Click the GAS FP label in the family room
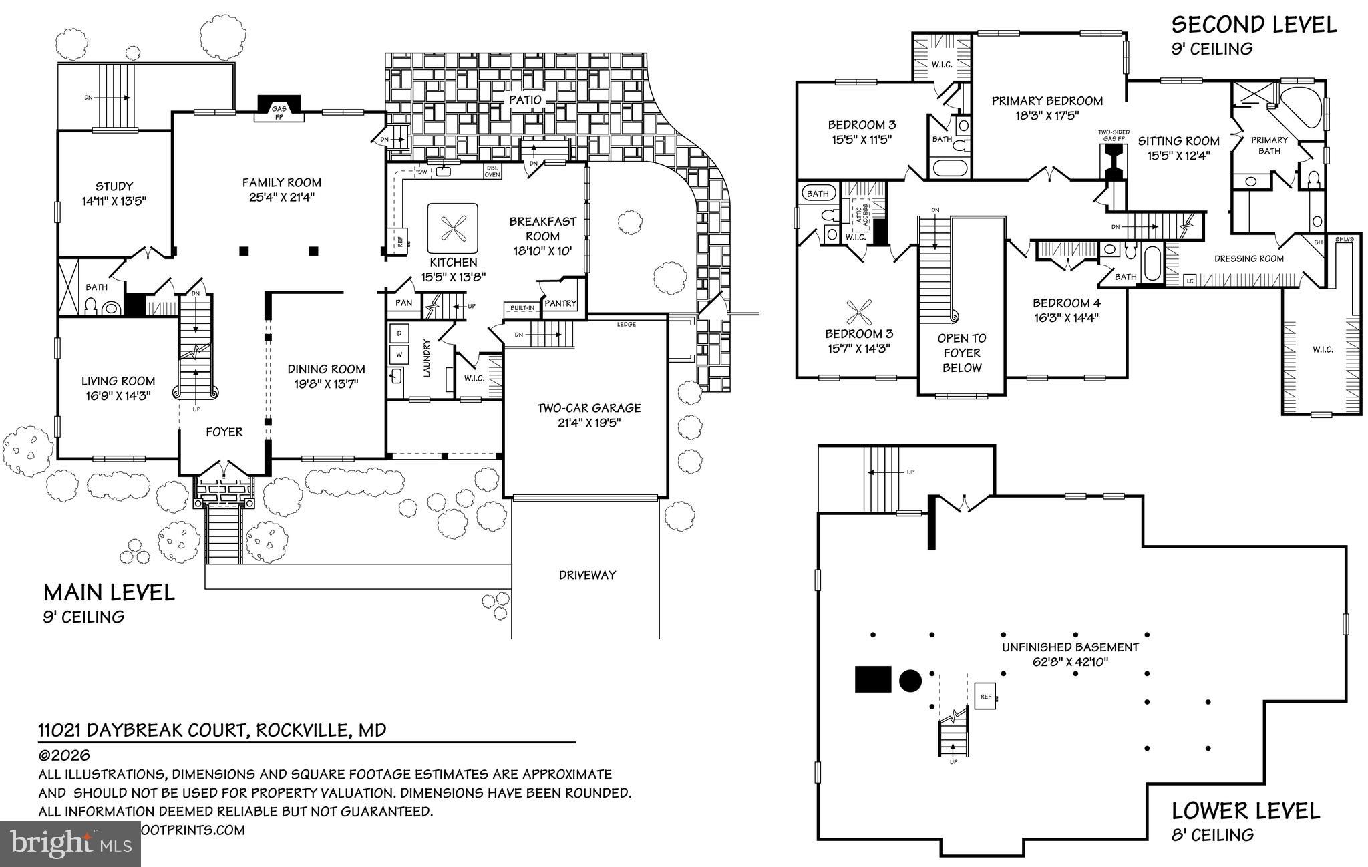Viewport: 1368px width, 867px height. click(279, 112)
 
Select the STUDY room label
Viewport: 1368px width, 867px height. click(114, 186)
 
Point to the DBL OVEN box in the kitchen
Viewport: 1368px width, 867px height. click(492, 171)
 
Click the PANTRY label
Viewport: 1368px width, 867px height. click(560, 303)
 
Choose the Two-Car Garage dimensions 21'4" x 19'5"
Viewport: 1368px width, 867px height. click(588, 423)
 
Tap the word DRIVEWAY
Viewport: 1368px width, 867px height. click(586, 575)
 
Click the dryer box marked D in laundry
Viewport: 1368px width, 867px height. click(399, 333)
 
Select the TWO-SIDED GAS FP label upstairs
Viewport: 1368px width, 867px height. click(1114, 136)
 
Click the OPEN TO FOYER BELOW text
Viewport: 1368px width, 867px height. click(961, 353)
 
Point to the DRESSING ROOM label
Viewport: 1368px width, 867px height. click(1248, 258)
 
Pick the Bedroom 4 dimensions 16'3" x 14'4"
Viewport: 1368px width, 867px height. click(1066, 318)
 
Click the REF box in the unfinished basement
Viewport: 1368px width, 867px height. click(985, 696)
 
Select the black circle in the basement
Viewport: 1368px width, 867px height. click(910, 680)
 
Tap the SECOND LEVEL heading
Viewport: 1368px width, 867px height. click(1254, 25)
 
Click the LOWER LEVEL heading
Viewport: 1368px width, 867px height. click(1245, 811)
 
